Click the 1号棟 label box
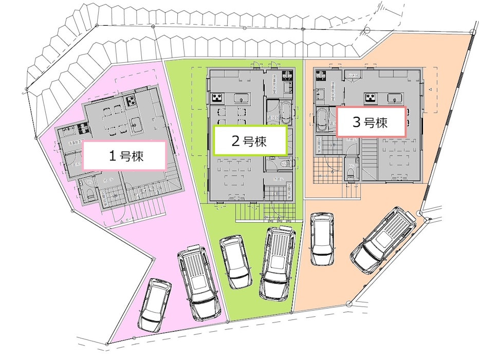(x=124, y=156)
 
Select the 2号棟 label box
(x=250, y=140)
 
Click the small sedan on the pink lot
(x=154, y=305)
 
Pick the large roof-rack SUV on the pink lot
(x=199, y=282)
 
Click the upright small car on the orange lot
(x=322, y=239)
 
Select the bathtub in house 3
(x=323, y=120)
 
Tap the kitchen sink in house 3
(x=396, y=98)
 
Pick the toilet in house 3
(x=352, y=175)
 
